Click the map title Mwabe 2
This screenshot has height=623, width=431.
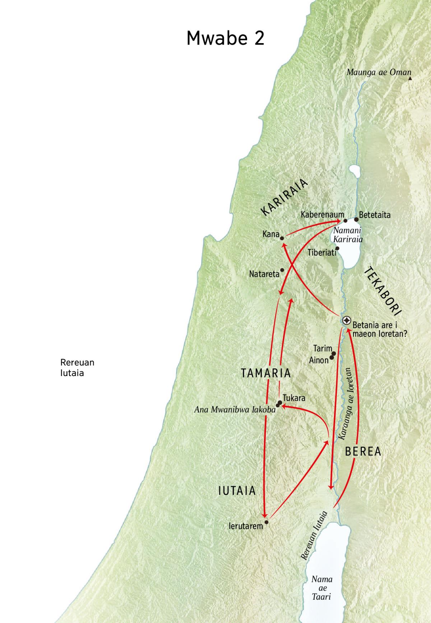[x=226, y=38]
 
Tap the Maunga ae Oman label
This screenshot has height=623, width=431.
[x=379, y=72]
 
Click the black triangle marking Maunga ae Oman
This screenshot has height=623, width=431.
[x=410, y=78]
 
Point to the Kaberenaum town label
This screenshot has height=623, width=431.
[x=322, y=215]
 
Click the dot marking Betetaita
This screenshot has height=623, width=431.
[x=356, y=219]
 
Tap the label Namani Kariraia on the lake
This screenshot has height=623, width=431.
[x=347, y=235]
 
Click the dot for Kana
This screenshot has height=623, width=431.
[x=282, y=238]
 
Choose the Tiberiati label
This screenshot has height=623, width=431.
[x=322, y=253]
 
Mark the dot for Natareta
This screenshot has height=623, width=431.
[x=282, y=270]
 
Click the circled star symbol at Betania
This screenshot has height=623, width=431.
[x=347, y=320]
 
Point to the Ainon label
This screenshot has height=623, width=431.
[x=319, y=360]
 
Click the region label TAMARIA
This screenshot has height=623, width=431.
[x=266, y=373]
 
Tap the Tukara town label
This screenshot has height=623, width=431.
[x=294, y=398]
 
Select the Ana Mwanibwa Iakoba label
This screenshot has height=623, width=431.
[x=235, y=409]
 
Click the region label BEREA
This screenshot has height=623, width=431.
[x=363, y=452]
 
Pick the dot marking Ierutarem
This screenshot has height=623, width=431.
[x=266, y=522]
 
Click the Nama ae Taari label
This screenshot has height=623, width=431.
[x=322, y=588]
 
